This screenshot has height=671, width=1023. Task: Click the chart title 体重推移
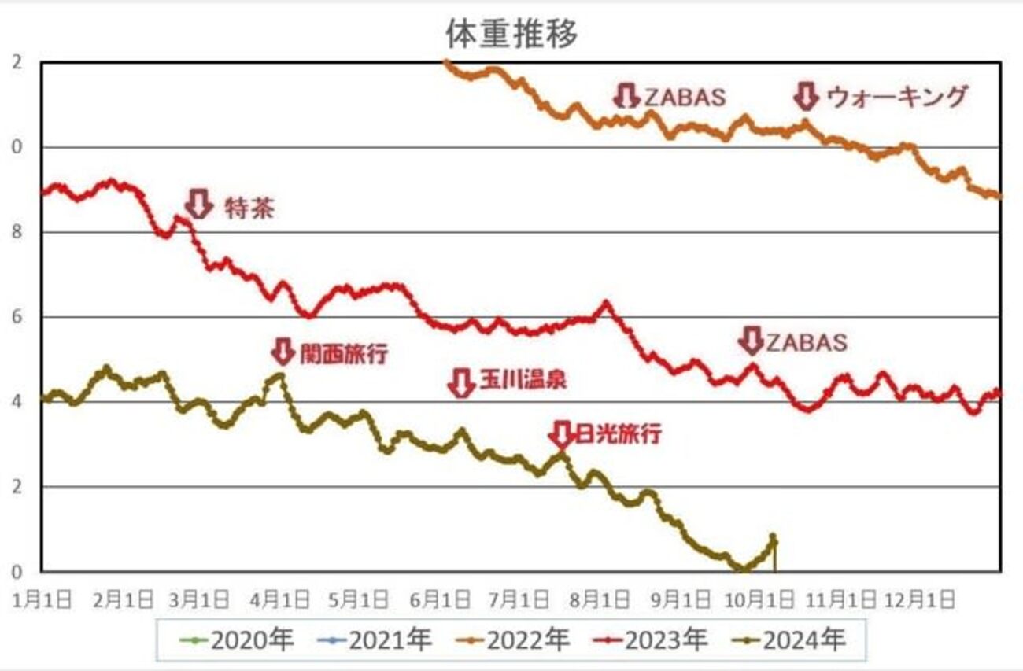[512, 34]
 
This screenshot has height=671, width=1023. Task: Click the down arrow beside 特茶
[199, 203]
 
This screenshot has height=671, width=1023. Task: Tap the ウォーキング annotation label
[897, 97]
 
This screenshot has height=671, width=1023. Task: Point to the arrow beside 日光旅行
[560, 433]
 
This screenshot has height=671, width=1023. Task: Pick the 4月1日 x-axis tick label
[281, 599]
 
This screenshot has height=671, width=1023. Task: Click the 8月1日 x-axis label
[604, 599]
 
